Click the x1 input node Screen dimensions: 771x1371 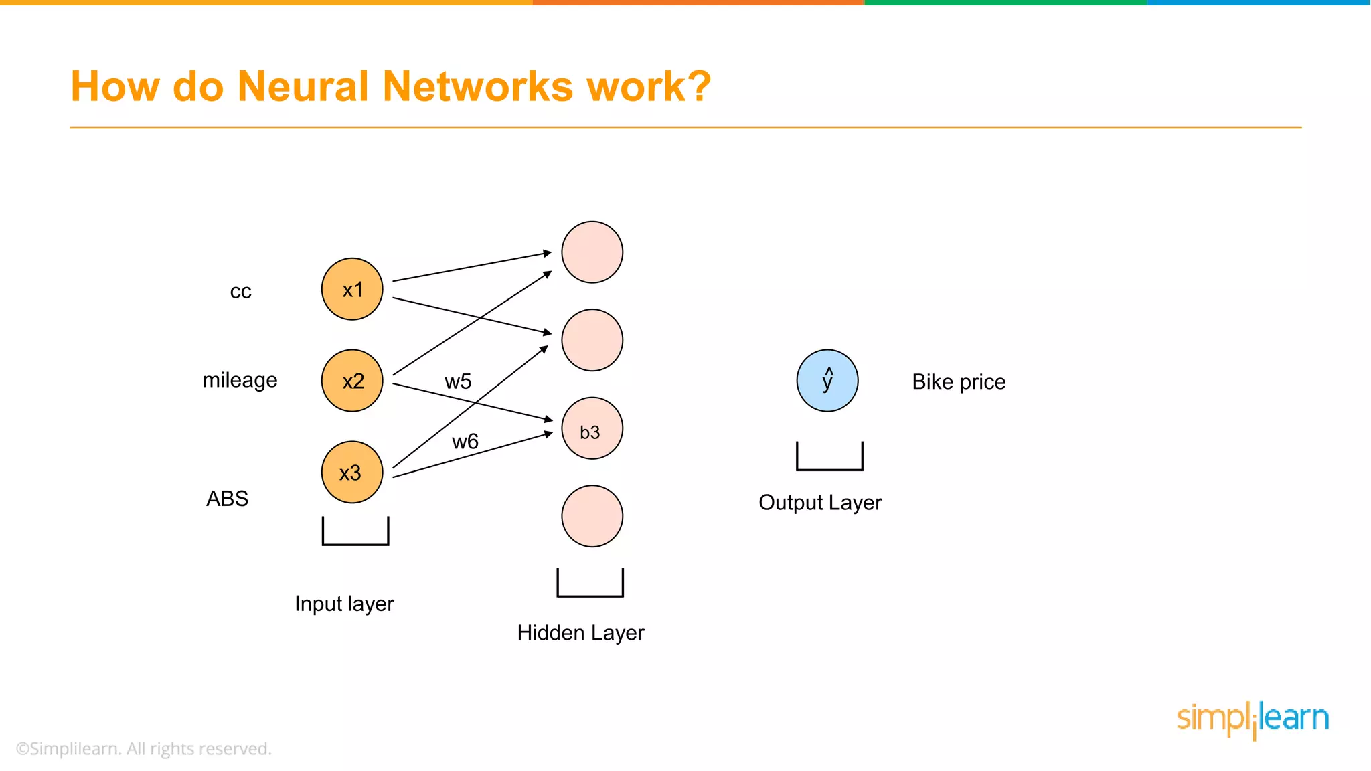click(x=352, y=289)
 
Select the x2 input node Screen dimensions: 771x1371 click(x=352, y=381)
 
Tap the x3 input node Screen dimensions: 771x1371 click(x=352, y=472)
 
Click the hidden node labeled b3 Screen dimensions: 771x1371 click(x=592, y=428)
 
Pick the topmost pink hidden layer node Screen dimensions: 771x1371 click(x=592, y=252)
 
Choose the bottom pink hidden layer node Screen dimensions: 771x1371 click(x=592, y=516)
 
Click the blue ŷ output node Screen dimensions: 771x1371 click(x=827, y=380)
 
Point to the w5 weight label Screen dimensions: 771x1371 click(x=458, y=381)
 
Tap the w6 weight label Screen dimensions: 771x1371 click(x=465, y=442)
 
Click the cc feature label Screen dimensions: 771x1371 click(x=240, y=292)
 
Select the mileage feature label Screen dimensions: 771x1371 click(x=240, y=380)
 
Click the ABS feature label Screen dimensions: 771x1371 click(x=227, y=499)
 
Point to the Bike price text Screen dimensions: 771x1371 click(x=959, y=381)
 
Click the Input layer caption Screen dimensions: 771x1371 click(x=344, y=604)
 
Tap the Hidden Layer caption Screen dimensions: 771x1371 click(x=580, y=632)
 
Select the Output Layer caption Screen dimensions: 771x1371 click(x=820, y=502)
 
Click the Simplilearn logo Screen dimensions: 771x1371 click(x=1253, y=719)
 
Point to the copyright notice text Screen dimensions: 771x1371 click(x=143, y=748)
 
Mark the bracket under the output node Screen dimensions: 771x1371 click(x=829, y=468)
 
